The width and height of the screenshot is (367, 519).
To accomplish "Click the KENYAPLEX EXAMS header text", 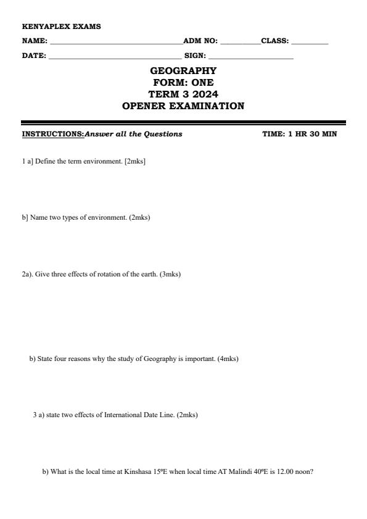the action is pyautogui.click(x=61, y=27).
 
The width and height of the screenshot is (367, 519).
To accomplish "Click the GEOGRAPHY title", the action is pyautogui.click(x=183, y=71).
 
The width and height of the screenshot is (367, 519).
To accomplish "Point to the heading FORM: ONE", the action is pyautogui.click(x=183, y=83).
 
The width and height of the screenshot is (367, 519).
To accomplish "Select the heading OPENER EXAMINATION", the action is pyautogui.click(x=183, y=106).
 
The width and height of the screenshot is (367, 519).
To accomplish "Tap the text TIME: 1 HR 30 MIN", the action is pyautogui.click(x=299, y=134).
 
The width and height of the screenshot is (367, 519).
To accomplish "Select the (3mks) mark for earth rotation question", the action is pyautogui.click(x=170, y=274).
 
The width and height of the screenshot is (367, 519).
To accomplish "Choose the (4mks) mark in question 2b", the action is pyautogui.click(x=228, y=359).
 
